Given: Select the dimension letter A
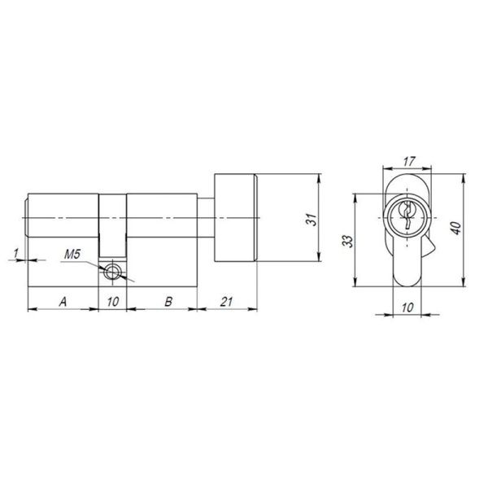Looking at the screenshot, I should [x=63, y=302].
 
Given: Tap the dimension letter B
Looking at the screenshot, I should [x=168, y=302].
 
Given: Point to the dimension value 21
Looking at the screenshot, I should [x=228, y=302].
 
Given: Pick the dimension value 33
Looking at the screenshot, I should [x=347, y=242].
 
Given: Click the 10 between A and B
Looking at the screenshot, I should [x=112, y=302].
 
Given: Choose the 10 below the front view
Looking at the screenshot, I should [x=407, y=307].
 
